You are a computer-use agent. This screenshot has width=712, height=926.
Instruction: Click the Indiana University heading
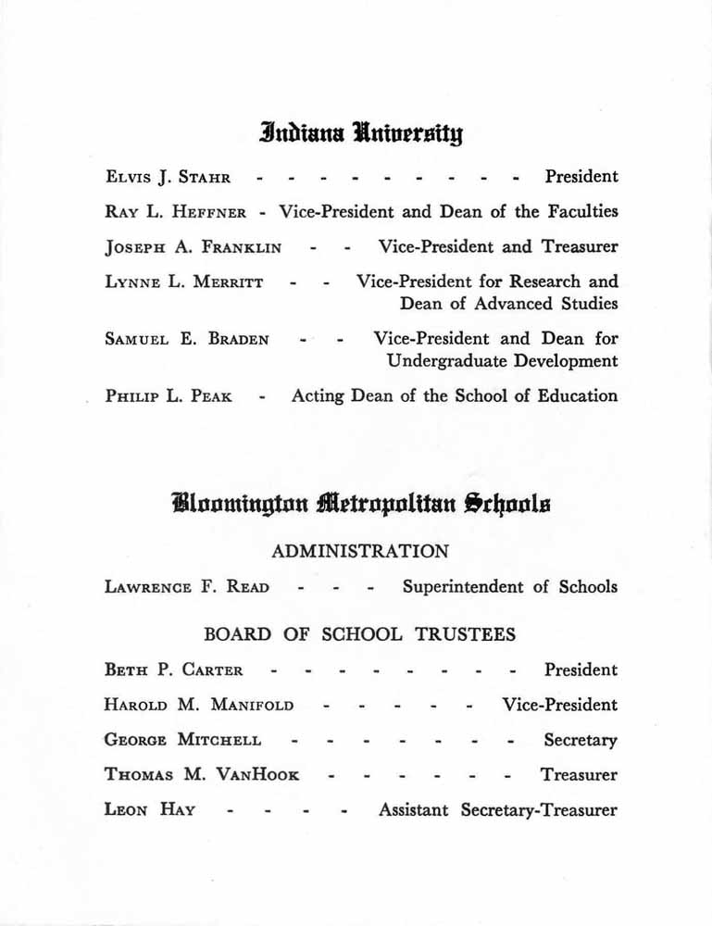[x=361, y=135]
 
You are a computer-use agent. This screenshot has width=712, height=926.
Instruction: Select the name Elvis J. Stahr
[x=169, y=177]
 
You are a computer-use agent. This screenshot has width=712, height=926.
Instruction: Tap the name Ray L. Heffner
[x=176, y=212]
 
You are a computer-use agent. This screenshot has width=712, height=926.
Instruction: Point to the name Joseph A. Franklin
[x=194, y=247]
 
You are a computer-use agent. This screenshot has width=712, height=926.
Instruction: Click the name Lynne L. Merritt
[x=184, y=282]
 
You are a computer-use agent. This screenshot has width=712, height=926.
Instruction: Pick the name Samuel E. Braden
[x=187, y=340]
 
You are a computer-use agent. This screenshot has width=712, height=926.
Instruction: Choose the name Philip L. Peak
[x=169, y=397]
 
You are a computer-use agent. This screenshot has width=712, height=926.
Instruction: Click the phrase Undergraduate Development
[x=502, y=361]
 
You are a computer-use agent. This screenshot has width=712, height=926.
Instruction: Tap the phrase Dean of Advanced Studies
[x=508, y=304]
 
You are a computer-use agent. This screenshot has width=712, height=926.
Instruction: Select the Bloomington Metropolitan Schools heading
[x=360, y=505]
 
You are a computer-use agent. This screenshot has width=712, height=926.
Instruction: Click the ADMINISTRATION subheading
[x=360, y=552]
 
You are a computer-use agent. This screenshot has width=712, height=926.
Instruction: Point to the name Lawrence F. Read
[x=187, y=587]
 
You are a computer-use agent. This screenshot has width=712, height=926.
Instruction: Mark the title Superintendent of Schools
[x=509, y=587]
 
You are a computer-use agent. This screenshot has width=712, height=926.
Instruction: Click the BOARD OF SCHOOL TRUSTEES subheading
[x=359, y=635]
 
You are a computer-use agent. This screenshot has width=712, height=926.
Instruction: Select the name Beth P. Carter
[x=174, y=670]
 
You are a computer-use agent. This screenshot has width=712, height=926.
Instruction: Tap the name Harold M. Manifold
[x=199, y=706]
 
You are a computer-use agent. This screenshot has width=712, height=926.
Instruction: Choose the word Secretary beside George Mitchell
[x=581, y=741]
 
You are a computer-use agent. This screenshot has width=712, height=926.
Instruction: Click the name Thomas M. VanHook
[x=202, y=776]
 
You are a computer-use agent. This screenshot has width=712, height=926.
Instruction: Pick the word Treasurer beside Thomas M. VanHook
[x=579, y=776]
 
